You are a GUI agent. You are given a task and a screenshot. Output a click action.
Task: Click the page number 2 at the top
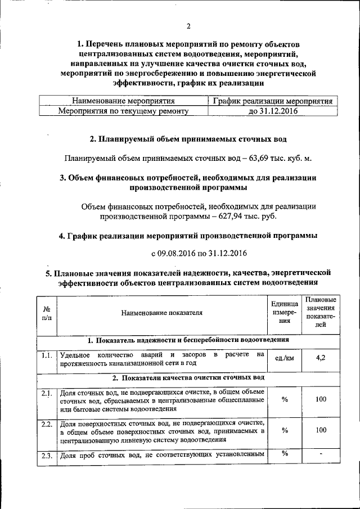click(188, 26)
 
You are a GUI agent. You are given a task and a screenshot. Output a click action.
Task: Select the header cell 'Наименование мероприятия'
click(123, 101)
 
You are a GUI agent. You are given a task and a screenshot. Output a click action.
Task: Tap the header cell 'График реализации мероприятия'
click(272, 101)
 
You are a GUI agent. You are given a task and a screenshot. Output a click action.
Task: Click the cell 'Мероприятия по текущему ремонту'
click(123, 111)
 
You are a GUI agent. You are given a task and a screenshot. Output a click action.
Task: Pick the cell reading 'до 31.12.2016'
click(272, 111)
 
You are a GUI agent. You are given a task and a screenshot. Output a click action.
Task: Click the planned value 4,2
click(321, 357)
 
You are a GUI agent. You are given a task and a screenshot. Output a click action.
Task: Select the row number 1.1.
click(47, 355)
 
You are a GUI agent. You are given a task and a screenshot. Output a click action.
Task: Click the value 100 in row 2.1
click(321, 399)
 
